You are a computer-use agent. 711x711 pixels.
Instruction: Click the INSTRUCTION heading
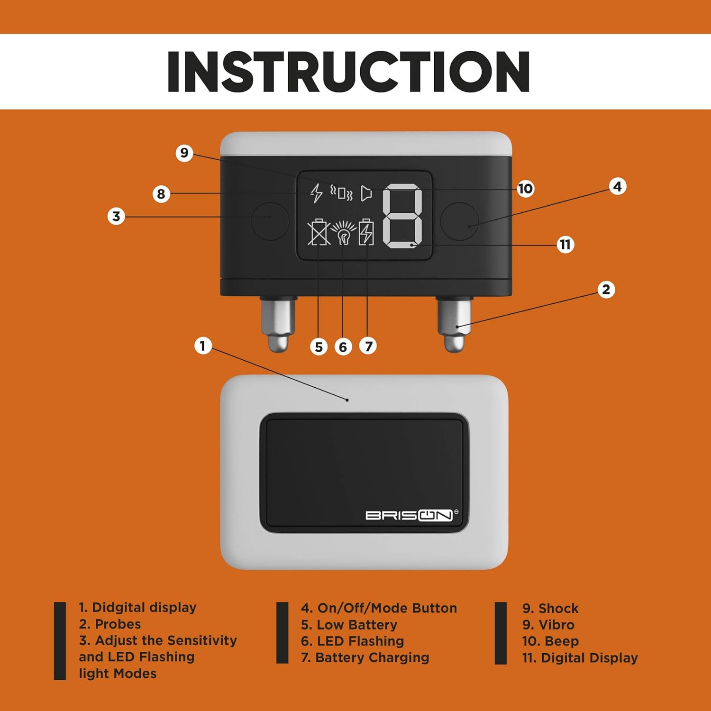(x=348, y=72)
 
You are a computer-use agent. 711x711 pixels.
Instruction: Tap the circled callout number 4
(x=617, y=187)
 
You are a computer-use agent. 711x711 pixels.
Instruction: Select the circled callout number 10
(x=525, y=189)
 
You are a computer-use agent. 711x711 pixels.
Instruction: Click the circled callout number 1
(x=203, y=346)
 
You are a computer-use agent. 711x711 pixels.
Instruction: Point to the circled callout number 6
(x=343, y=347)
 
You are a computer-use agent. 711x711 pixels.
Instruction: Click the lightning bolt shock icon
(x=316, y=193)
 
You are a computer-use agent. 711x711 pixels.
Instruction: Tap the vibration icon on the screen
(x=342, y=193)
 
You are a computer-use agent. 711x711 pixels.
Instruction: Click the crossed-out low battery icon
(x=319, y=232)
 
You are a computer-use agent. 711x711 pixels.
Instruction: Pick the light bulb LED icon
(x=343, y=232)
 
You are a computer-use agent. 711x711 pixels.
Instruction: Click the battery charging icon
(x=366, y=232)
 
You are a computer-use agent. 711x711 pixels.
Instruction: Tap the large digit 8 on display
(x=402, y=216)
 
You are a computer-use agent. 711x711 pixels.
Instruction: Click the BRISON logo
(x=409, y=515)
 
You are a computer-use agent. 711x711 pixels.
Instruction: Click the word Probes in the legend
(x=118, y=624)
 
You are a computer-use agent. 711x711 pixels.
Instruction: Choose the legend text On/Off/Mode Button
(x=379, y=608)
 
